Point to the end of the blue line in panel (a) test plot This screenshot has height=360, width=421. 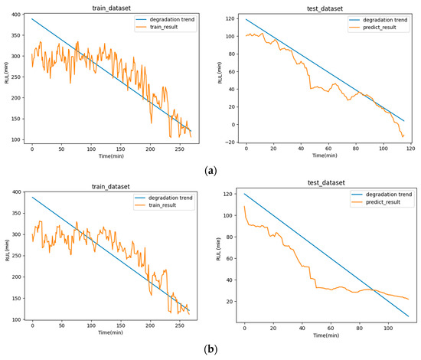pos(403,120)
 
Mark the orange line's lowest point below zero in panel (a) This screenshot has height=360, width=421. pos(401,136)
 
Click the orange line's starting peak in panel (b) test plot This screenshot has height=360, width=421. pos(245,206)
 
